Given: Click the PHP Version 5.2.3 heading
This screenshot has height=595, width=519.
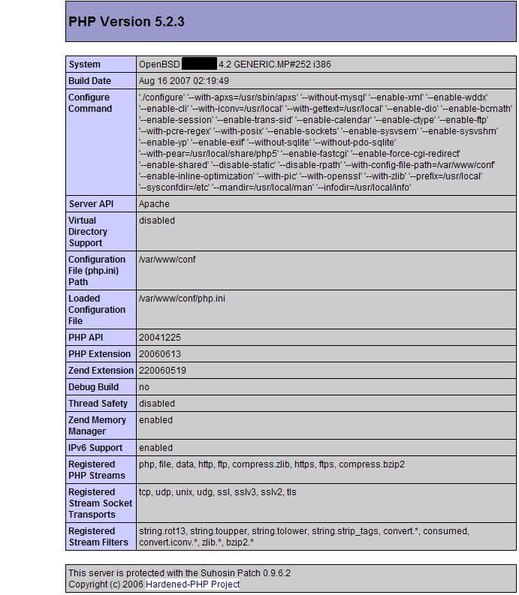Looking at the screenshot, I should (126, 22).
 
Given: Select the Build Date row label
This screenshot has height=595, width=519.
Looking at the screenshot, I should (89, 81).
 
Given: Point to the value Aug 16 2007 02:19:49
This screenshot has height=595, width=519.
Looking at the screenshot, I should (184, 81).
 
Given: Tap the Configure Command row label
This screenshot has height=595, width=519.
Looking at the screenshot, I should (89, 103).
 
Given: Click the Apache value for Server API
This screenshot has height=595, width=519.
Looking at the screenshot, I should (154, 204).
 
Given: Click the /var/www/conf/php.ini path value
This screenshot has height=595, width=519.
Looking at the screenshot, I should (182, 299).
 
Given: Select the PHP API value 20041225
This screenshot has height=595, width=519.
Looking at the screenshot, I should (159, 338).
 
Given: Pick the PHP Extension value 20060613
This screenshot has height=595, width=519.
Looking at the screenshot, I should (159, 354).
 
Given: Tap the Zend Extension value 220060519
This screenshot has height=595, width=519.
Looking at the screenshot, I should (162, 371).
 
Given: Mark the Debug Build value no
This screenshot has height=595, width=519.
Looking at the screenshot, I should (144, 387).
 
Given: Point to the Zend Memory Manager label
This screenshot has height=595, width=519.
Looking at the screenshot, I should (97, 425).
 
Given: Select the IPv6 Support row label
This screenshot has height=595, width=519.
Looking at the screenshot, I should (95, 448).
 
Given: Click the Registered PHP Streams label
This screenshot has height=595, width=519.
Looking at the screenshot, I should (96, 470).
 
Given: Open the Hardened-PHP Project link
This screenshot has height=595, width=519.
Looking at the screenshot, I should (192, 584).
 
